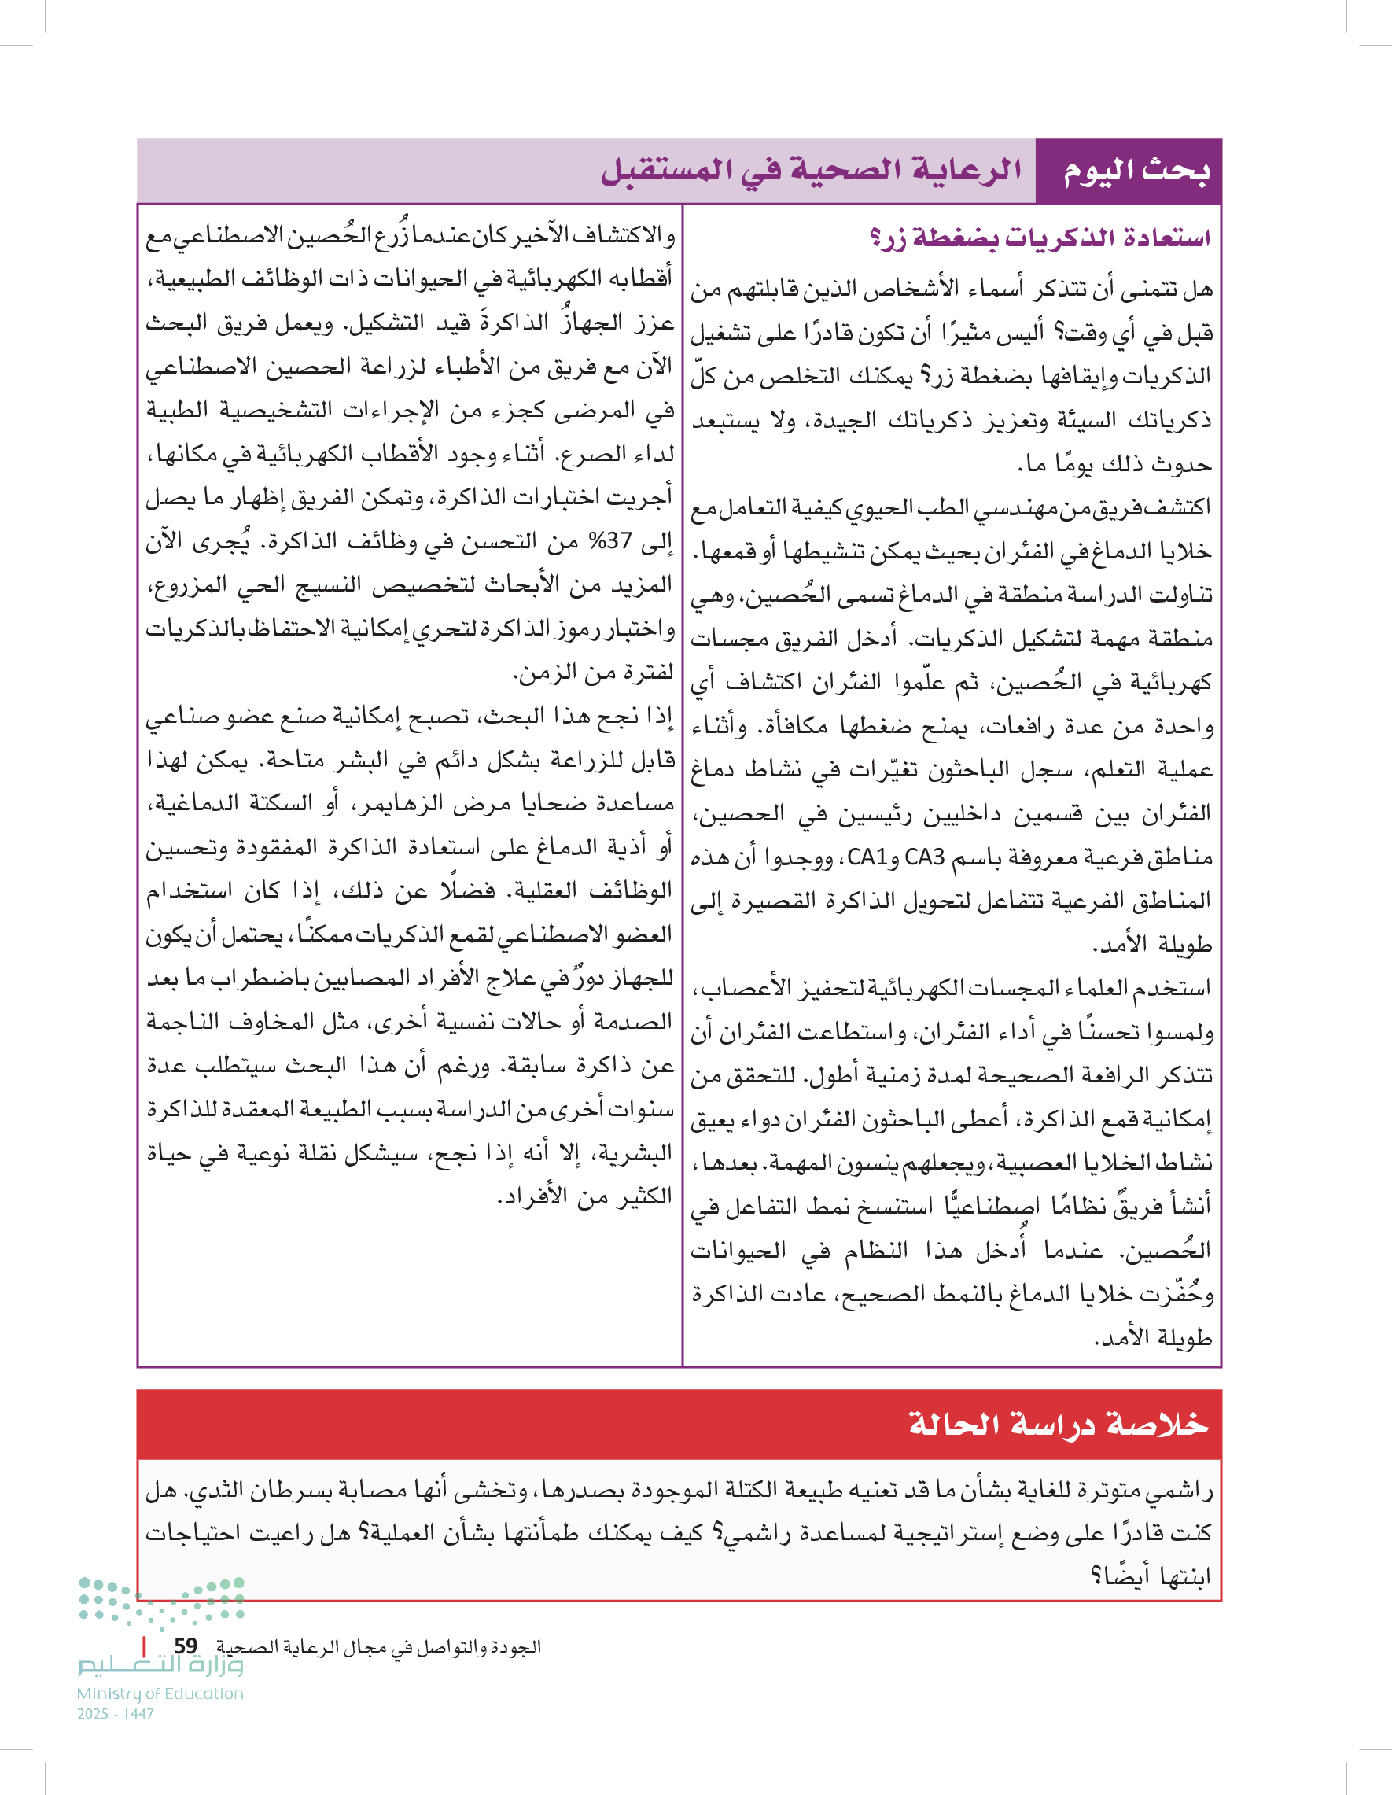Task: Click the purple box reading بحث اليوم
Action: coord(1136,171)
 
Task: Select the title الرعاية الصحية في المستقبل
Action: coord(811,171)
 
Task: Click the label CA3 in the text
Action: coord(924,857)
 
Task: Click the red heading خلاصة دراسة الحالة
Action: coord(1059,1424)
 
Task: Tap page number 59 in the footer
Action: coord(186,1646)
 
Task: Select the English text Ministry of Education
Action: coord(160,1694)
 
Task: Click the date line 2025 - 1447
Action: coord(116,1714)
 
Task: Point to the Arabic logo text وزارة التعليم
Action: coord(160,1665)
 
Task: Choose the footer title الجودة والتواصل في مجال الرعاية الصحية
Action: coord(378,1647)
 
